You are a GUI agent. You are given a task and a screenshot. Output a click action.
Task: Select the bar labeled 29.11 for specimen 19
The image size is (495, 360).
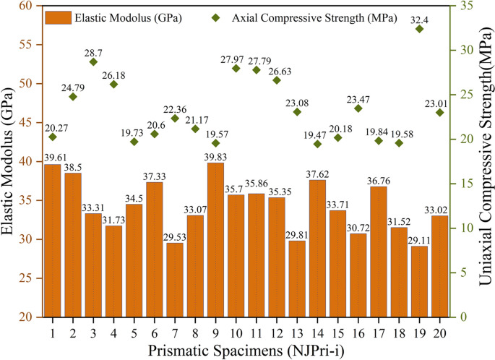pos(419,282)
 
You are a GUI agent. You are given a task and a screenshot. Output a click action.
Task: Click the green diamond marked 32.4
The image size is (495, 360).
pos(419,29)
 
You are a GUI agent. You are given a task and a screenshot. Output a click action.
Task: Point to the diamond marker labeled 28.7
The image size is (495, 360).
pos(93,62)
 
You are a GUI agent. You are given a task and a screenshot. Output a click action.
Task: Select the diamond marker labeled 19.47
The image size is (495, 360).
pos(317,144)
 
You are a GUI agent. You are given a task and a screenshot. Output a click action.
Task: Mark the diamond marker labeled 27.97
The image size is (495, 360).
pos(236,68)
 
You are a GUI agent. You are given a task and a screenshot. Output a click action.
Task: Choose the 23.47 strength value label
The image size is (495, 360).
pos(358,99)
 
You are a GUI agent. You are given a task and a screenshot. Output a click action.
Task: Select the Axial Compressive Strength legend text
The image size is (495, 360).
pos(314,16)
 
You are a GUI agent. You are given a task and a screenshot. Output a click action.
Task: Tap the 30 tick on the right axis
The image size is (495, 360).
pos(460,51)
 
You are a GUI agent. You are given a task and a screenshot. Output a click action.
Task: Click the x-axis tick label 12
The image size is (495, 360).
pos(276,331)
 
